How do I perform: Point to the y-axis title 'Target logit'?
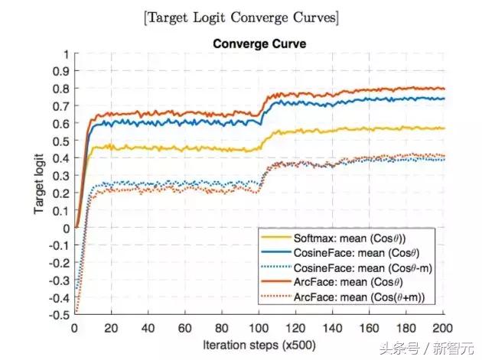pyautogui.click(x=40, y=183)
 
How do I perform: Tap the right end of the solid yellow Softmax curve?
pyautogui.click(x=444, y=128)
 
